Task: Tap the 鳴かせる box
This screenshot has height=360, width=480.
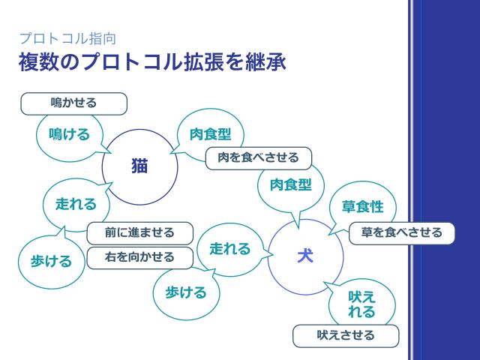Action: point(73,103)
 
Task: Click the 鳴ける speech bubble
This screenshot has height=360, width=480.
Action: point(69,134)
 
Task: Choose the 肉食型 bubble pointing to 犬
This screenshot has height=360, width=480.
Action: point(290,184)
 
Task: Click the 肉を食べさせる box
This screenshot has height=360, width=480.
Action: point(258,157)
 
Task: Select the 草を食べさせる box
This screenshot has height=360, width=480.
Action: point(401,232)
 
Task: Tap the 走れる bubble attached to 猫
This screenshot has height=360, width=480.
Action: point(76,203)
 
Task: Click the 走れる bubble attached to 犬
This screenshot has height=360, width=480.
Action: point(229,248)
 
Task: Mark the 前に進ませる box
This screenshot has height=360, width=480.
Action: point(140,232)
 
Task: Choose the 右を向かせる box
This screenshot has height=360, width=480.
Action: point(140,257)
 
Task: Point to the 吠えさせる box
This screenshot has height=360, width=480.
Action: point(346,335)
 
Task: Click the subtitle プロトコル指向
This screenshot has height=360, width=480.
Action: point(67,37)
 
